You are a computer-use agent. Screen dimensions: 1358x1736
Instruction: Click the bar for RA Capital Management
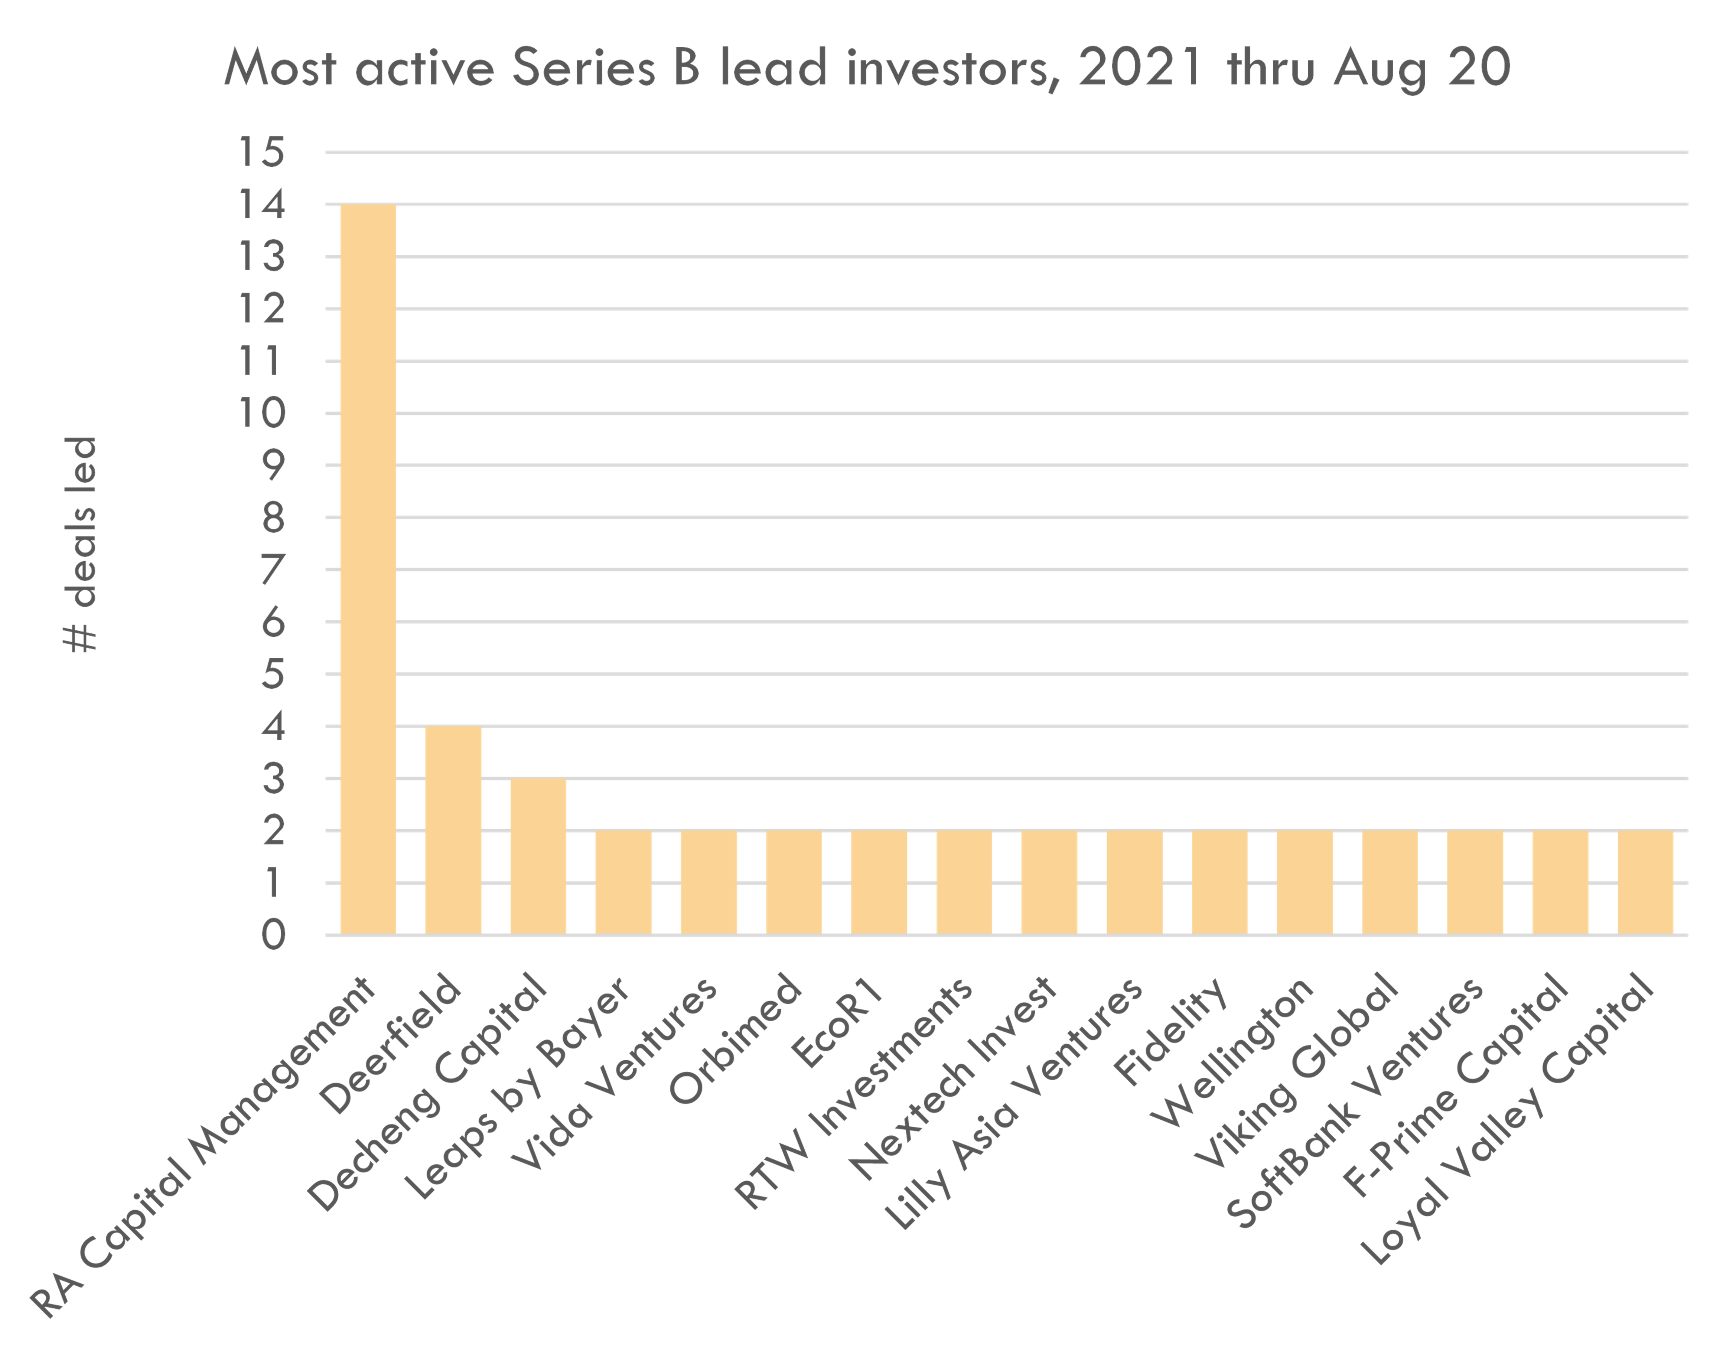(368, 569)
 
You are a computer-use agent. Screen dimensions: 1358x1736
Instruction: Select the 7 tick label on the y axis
(273, 570)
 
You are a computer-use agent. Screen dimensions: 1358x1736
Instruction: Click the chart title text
(867, 68)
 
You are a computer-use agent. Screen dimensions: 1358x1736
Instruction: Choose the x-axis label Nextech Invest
(954, 1081)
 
